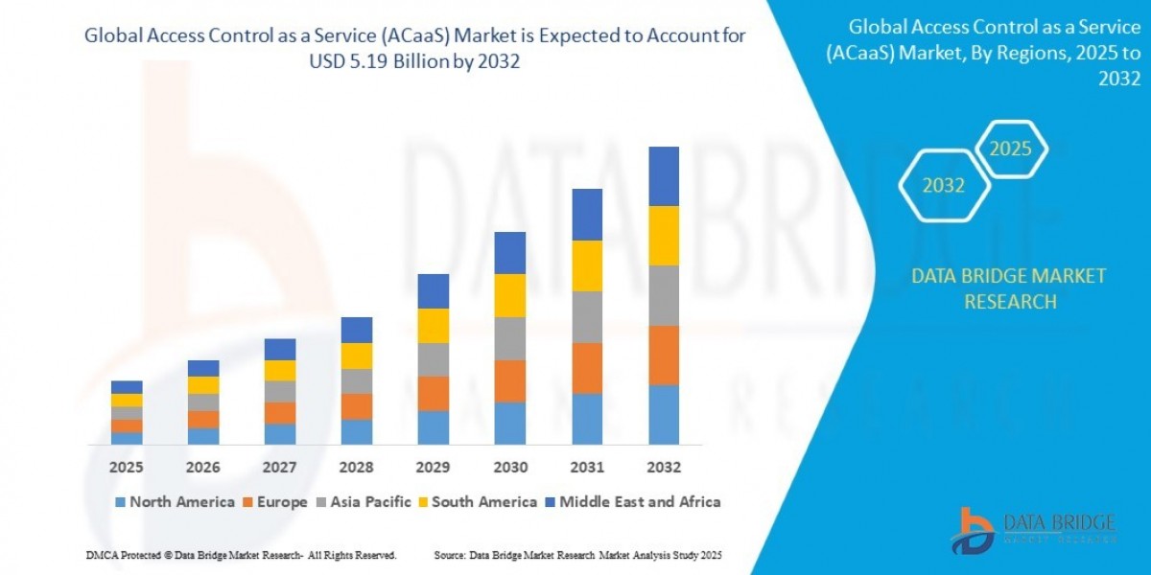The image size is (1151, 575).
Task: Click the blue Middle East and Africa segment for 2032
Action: [664, 176]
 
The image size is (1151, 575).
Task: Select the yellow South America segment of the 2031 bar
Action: [587, 265]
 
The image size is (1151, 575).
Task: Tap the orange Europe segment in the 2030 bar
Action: [510, 380]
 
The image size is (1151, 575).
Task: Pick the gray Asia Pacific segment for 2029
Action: [434, 359]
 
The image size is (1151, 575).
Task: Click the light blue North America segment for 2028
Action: [357, 431]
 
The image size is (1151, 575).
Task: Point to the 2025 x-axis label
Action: [127, 468]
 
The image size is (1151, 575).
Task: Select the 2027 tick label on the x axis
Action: [280, 468]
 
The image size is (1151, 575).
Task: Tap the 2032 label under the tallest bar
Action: [664, 468]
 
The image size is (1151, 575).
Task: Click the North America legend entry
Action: [175, 501]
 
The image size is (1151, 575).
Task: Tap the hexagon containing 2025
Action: [1010, 149]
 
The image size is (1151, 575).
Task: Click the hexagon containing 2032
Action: [944, 186]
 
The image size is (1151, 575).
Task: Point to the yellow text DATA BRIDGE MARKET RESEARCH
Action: [1009, 288]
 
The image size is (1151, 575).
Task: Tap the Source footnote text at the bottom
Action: [577, 555]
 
